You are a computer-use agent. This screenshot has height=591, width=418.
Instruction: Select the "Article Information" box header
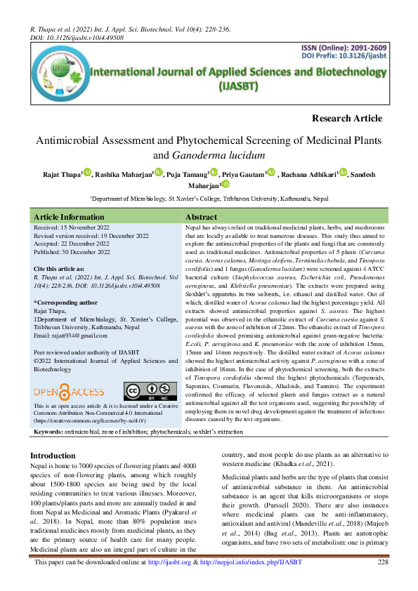pos(70,217)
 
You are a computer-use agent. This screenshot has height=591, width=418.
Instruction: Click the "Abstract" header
pos(201,217)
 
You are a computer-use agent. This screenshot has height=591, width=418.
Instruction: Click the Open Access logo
pos(69,390)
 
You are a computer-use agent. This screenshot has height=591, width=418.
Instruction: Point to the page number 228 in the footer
pos(383,583)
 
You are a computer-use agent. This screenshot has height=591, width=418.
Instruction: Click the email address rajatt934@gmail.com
pos(76,336)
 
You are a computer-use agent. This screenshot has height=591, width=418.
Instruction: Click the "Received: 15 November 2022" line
pos(76,229)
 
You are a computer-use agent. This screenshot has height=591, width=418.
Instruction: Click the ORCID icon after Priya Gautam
pos(271,173)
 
